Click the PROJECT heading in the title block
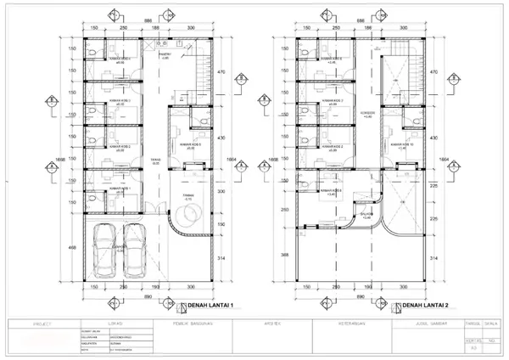[42, 323]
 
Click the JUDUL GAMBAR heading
[410, 323]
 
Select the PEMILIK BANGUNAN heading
[191, 323]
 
